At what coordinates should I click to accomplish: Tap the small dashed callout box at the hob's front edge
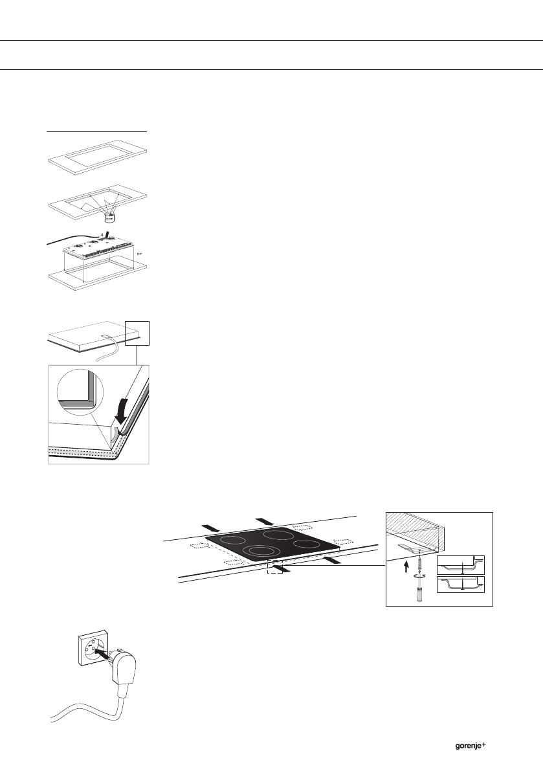tap(274, 566)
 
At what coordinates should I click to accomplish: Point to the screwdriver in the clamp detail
tap(419, 592)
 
